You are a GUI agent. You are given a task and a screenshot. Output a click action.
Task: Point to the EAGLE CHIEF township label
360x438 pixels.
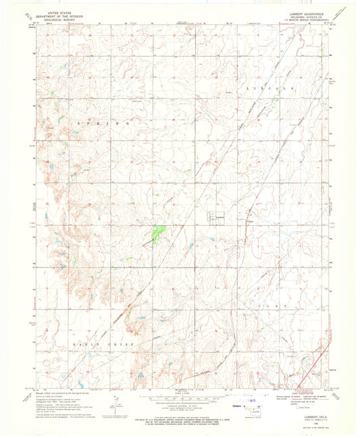[104, 344]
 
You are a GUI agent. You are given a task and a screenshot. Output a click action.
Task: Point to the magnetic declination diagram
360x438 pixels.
[117, 404]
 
